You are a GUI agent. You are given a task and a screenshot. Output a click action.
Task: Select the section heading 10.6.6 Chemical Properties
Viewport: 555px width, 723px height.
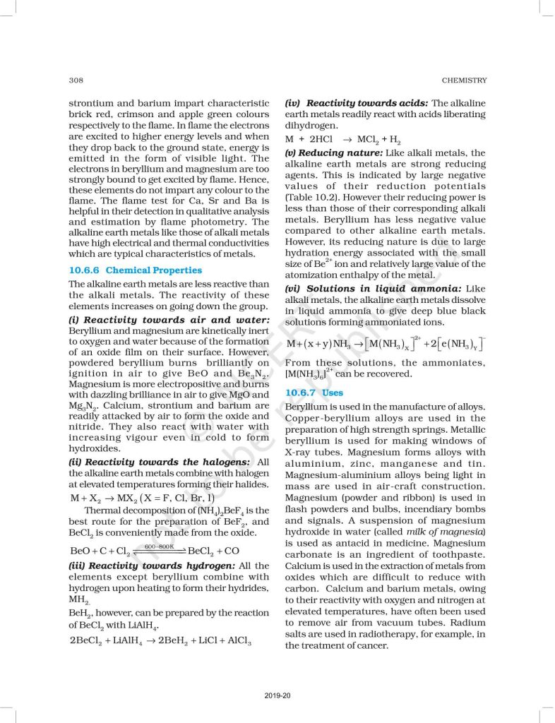pos(135,270)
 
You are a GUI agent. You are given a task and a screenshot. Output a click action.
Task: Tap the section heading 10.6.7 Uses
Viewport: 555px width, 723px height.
pos(314,393)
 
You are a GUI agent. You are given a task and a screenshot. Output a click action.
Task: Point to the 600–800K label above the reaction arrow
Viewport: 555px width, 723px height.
pos(159,546)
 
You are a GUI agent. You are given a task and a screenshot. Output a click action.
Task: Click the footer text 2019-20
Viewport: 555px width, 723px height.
pos(277,695)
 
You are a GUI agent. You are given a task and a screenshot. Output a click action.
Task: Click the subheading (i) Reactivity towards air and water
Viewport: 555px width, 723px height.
pos(148,320)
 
